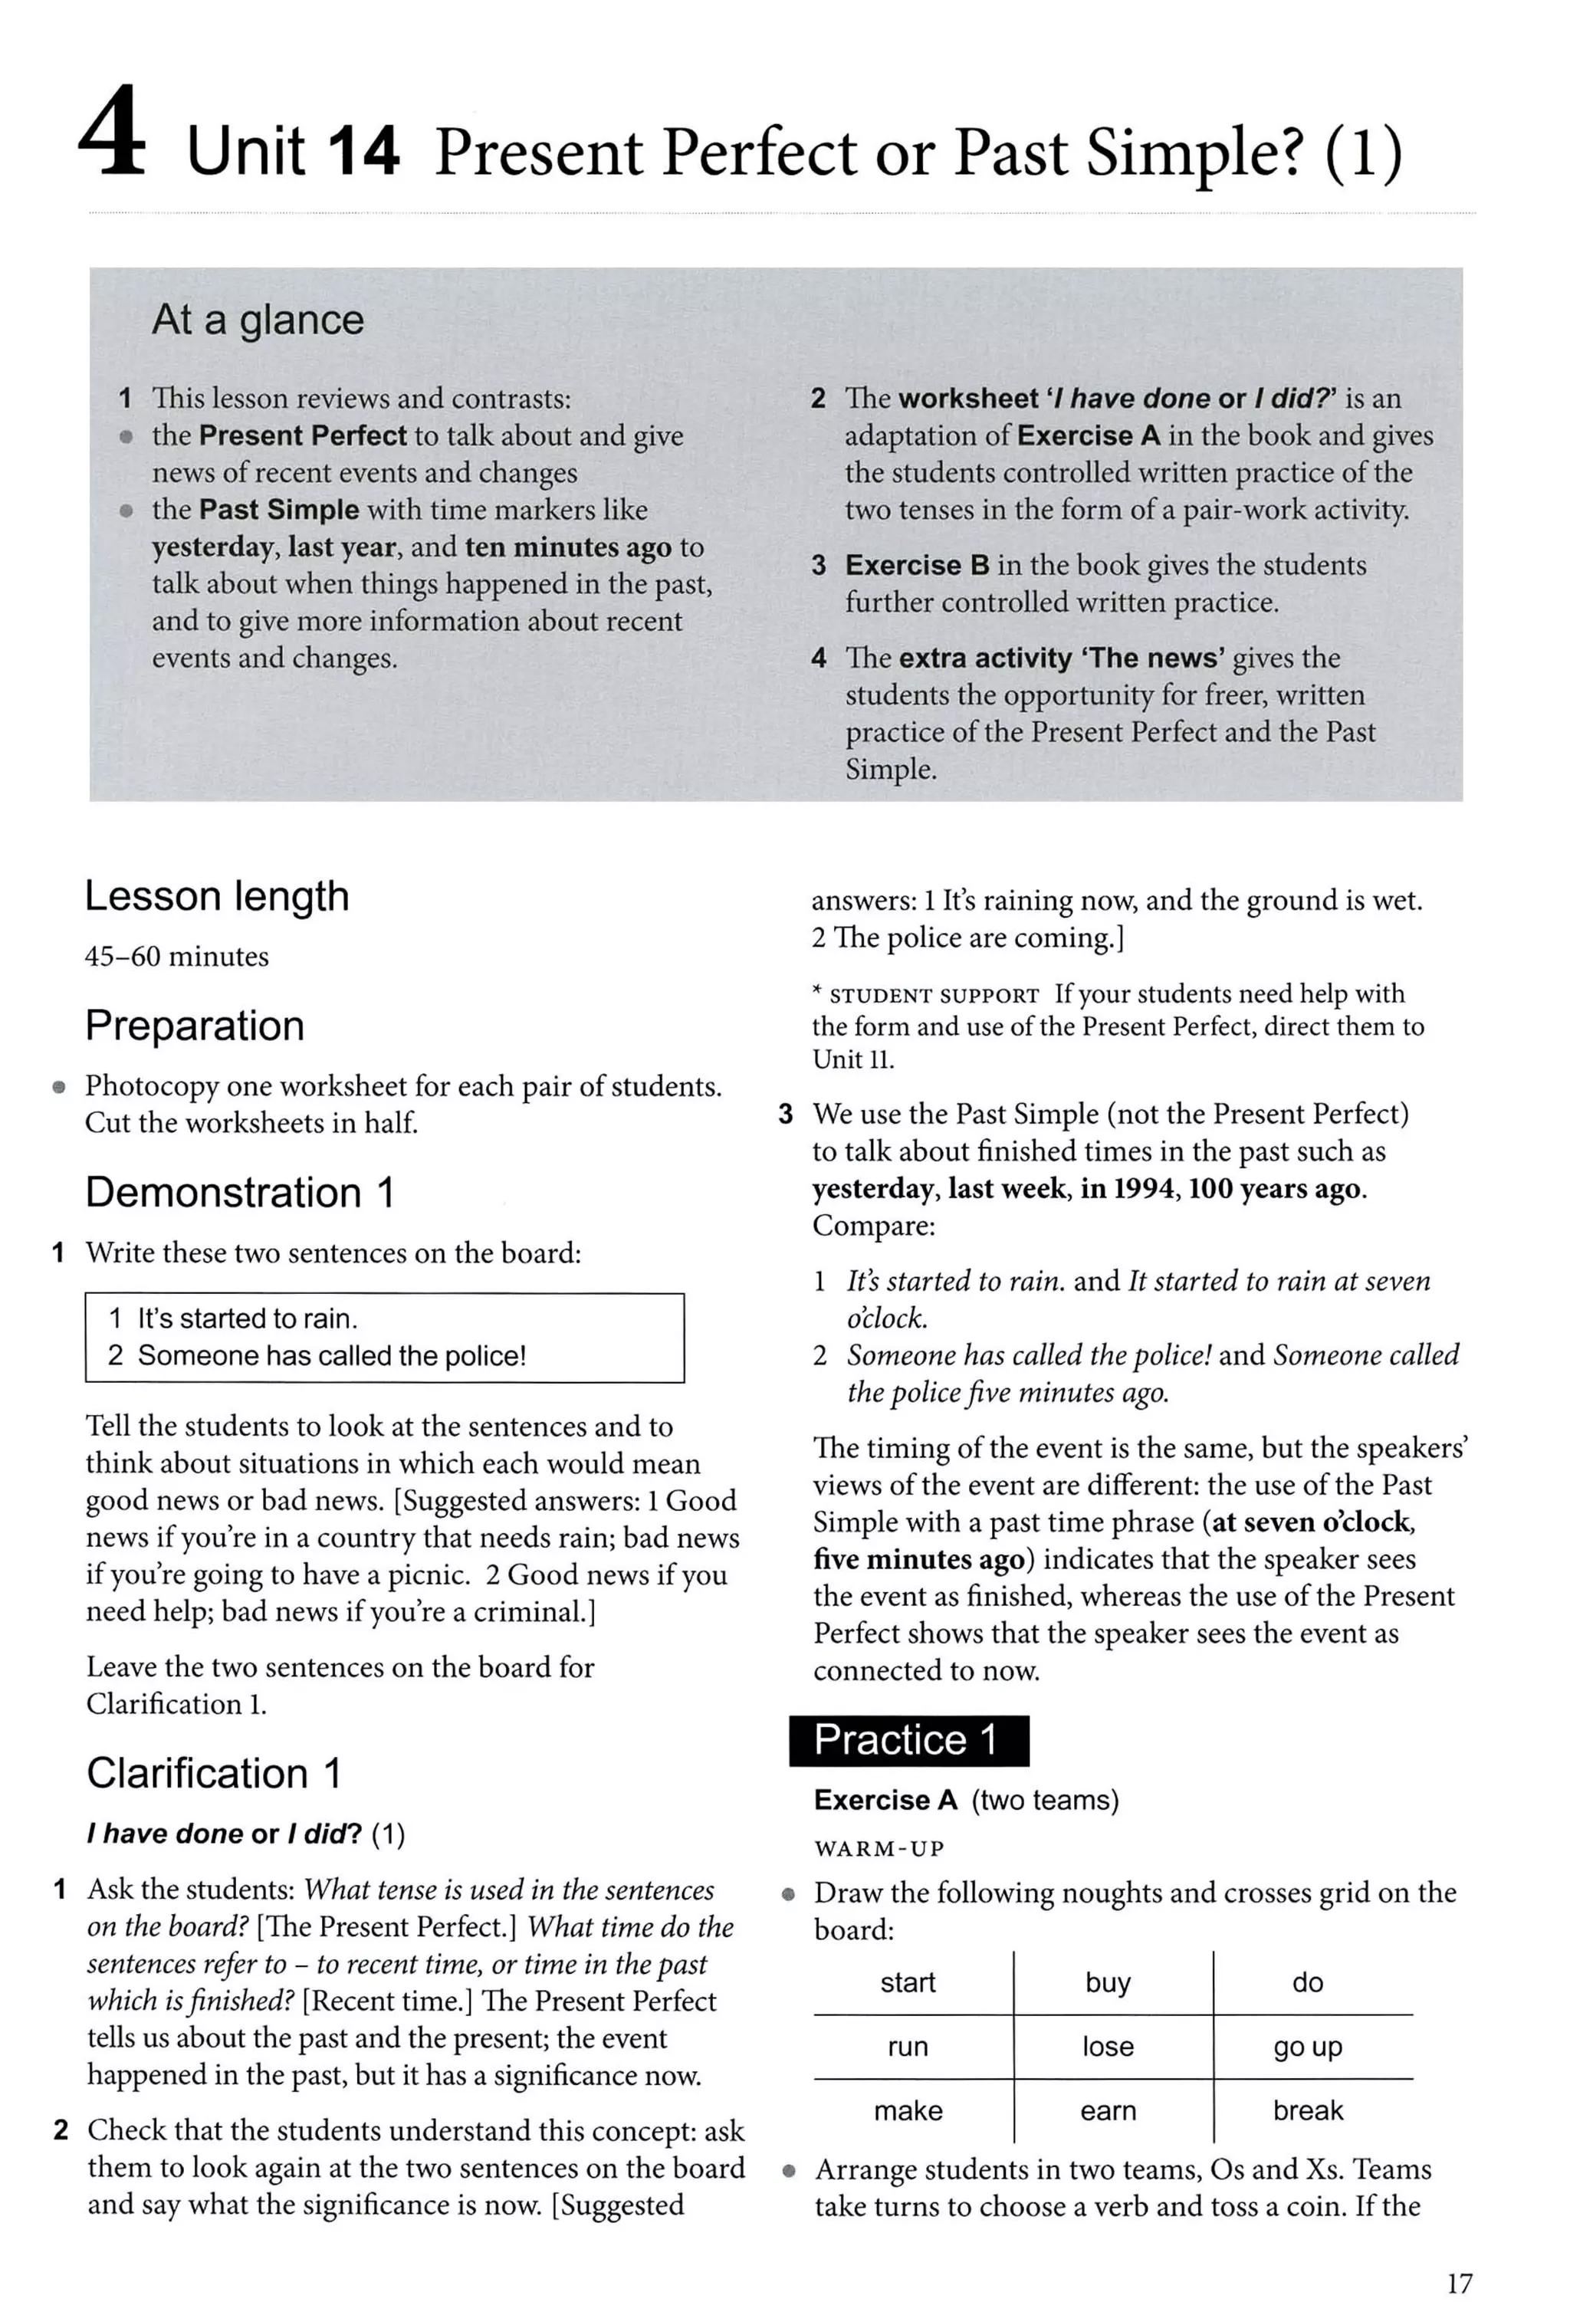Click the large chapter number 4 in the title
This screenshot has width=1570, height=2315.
(112, 134)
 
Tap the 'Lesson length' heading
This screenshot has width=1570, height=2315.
(216, 895)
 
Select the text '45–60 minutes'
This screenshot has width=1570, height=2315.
(176, 957)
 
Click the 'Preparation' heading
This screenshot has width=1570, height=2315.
(194, 1025)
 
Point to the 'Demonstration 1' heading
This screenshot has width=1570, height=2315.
(239, 1192)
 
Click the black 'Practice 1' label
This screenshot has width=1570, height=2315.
(908, 1740)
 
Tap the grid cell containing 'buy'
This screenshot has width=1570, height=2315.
(1108, 1982)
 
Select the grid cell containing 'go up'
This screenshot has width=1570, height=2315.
(1307, 2046)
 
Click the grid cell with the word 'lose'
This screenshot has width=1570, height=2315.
(1108, 2046)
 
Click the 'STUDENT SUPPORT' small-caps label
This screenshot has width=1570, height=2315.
(934, 995)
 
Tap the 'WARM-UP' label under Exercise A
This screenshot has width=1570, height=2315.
(879, 1849)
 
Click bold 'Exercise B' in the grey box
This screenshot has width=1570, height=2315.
(917, 565)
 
